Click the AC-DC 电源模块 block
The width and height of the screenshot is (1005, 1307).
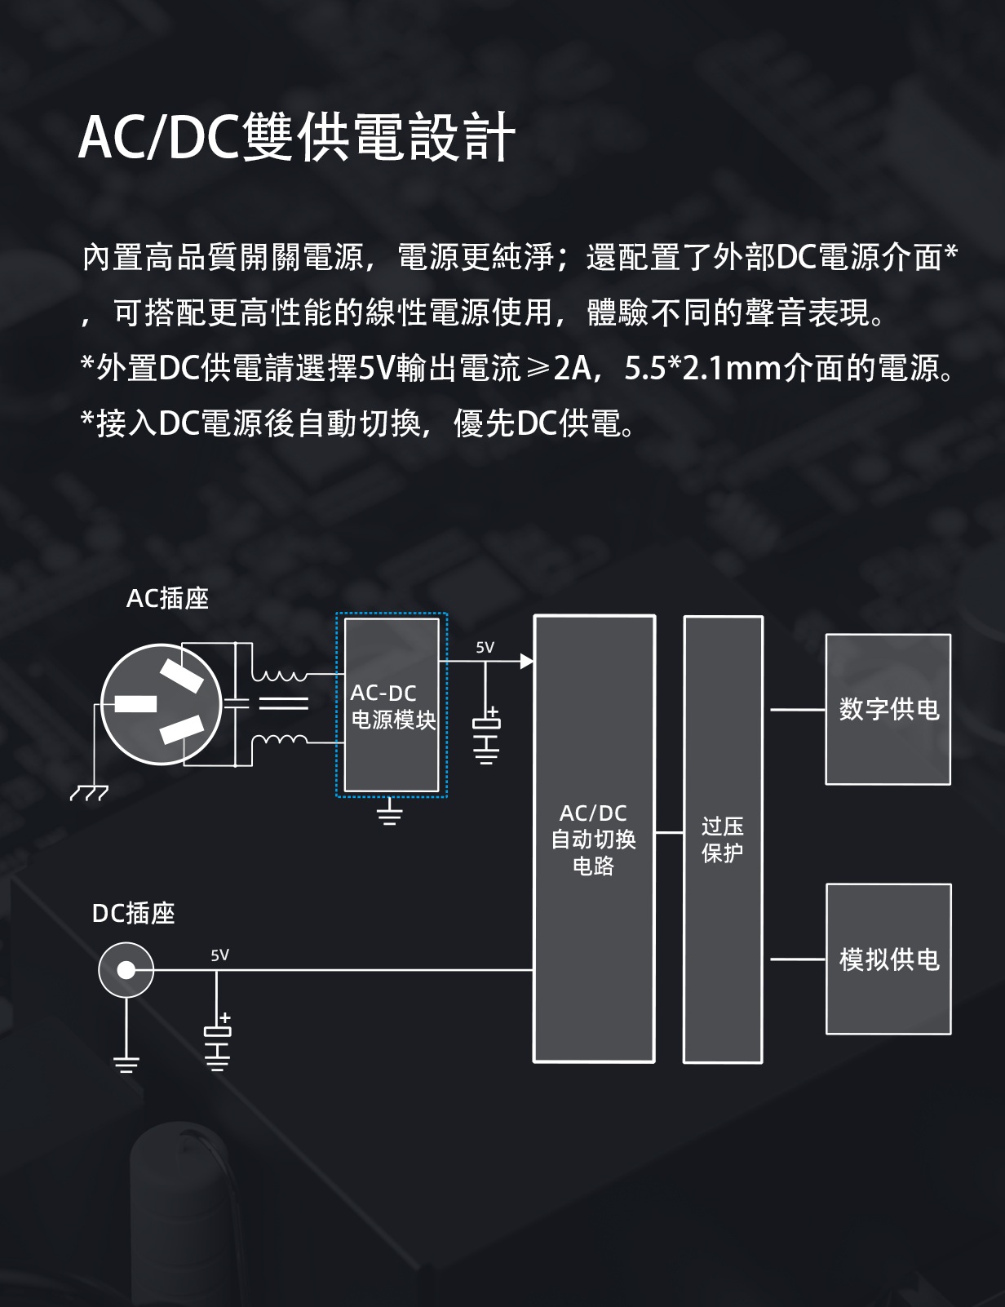click(x=392, y=705)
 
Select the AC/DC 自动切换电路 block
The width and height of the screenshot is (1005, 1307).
click(x=594, y=839)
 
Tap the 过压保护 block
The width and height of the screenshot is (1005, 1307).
click(x=723, y=839)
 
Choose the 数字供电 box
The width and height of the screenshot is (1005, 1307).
click(x=888, y=709)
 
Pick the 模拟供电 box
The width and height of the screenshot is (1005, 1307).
click(x=888, y=959)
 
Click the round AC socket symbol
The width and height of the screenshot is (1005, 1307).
click(x=162, y=704)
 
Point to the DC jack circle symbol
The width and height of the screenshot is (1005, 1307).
click(x=126, y=970)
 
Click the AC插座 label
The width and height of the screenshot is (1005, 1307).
click(x=167, y=598)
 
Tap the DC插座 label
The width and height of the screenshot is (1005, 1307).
click(x=134, y=913)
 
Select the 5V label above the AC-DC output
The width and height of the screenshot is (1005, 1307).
click(x=485, y=648)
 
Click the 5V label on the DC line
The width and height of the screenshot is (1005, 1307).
click(x=219, y=955)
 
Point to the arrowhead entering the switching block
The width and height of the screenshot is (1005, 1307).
click(x=527, y=661)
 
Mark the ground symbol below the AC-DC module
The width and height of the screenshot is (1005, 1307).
click(x=390, y=813)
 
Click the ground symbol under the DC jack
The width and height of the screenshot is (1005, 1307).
click(x=126, y=1062)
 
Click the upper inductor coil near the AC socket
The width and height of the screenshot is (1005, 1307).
click(x=279, y=676)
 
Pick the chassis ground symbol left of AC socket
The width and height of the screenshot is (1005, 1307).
click(x=88, y=793)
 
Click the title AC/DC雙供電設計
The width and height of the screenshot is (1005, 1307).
click(x=297, y=136)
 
